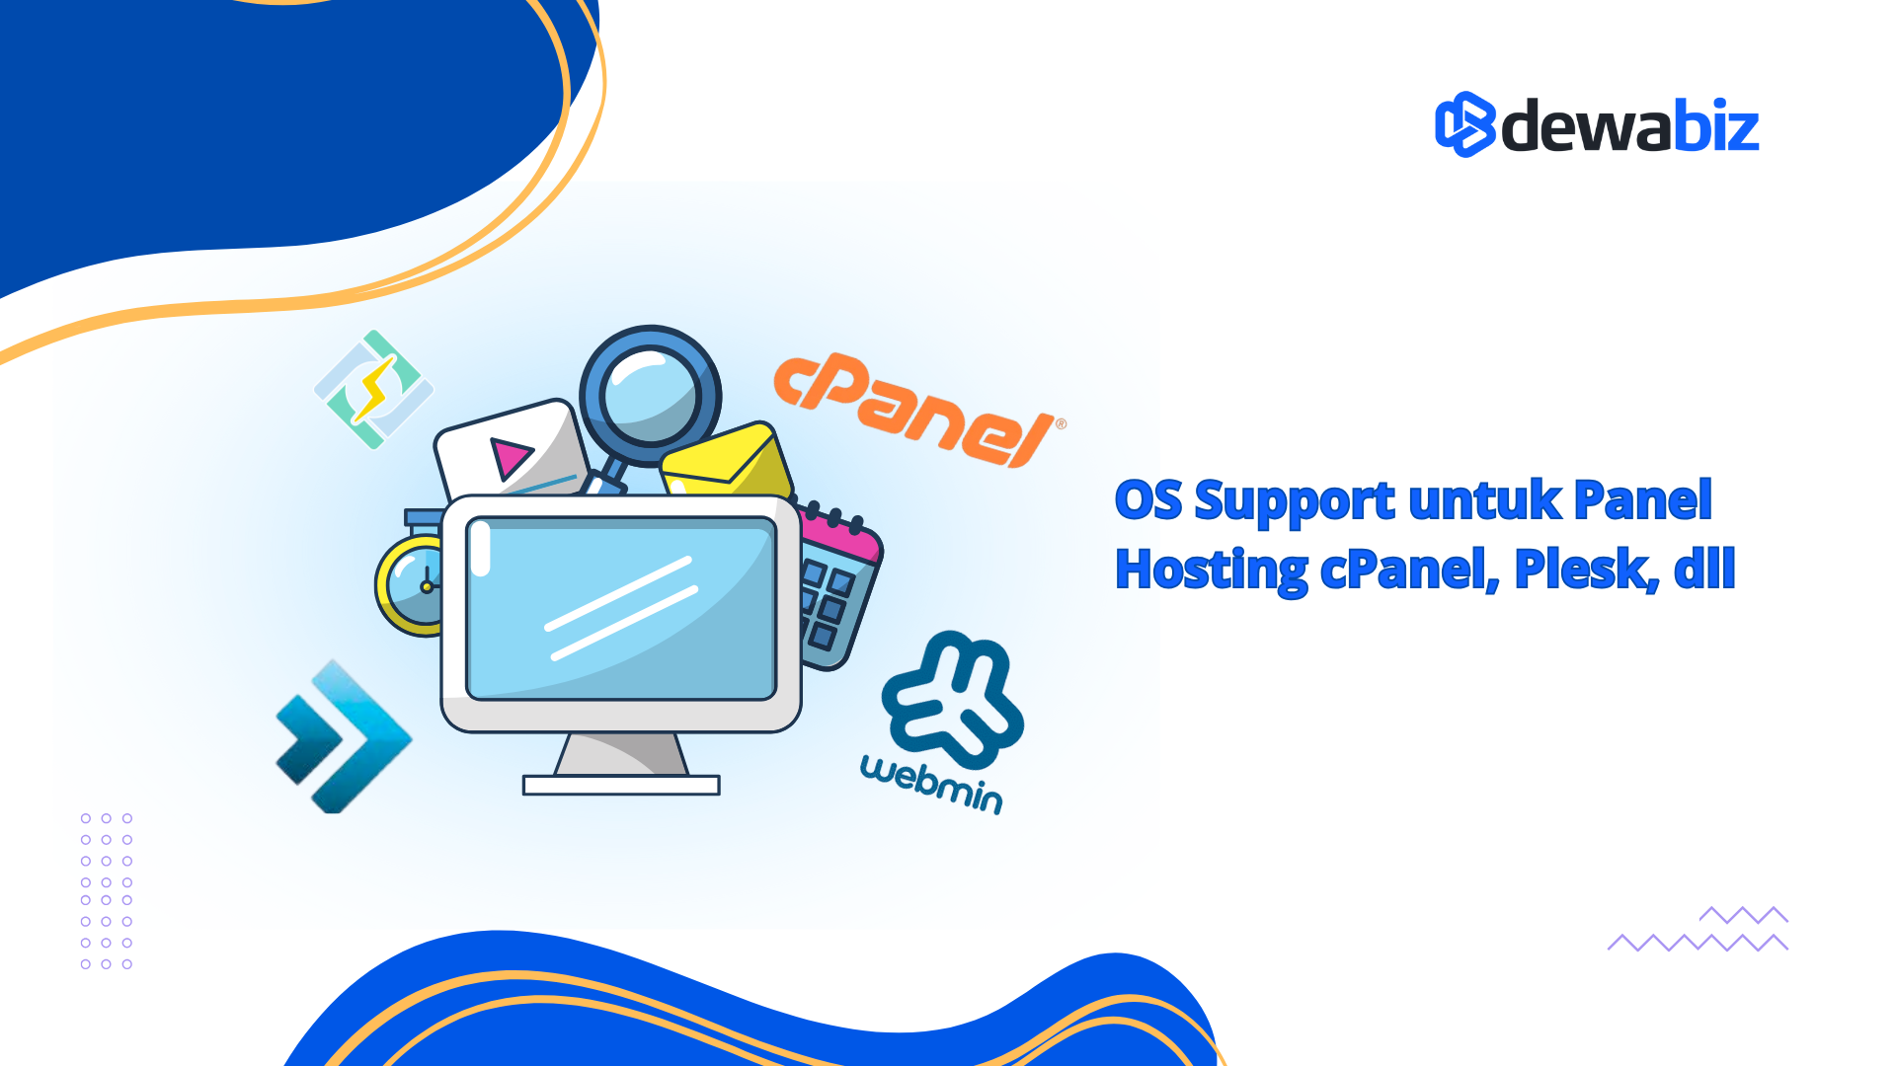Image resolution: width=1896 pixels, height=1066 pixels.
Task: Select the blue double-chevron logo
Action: (343, 736)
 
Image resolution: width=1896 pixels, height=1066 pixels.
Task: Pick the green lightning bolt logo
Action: (373, 389)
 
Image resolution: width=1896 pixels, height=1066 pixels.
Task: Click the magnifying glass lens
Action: (650, 396)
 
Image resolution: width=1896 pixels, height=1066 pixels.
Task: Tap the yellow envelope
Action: (727, 462)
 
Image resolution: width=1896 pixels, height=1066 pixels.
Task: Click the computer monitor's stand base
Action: (621, 785)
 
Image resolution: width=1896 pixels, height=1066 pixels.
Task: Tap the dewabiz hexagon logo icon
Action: (1465, 124)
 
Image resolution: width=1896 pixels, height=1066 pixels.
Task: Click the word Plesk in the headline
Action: (1586, 570)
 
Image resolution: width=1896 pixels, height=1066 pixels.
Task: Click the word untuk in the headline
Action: (1484, 499)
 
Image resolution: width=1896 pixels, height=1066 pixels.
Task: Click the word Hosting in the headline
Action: (1212, 571)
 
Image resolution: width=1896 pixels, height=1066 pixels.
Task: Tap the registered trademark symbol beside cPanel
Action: (1061, 424)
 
